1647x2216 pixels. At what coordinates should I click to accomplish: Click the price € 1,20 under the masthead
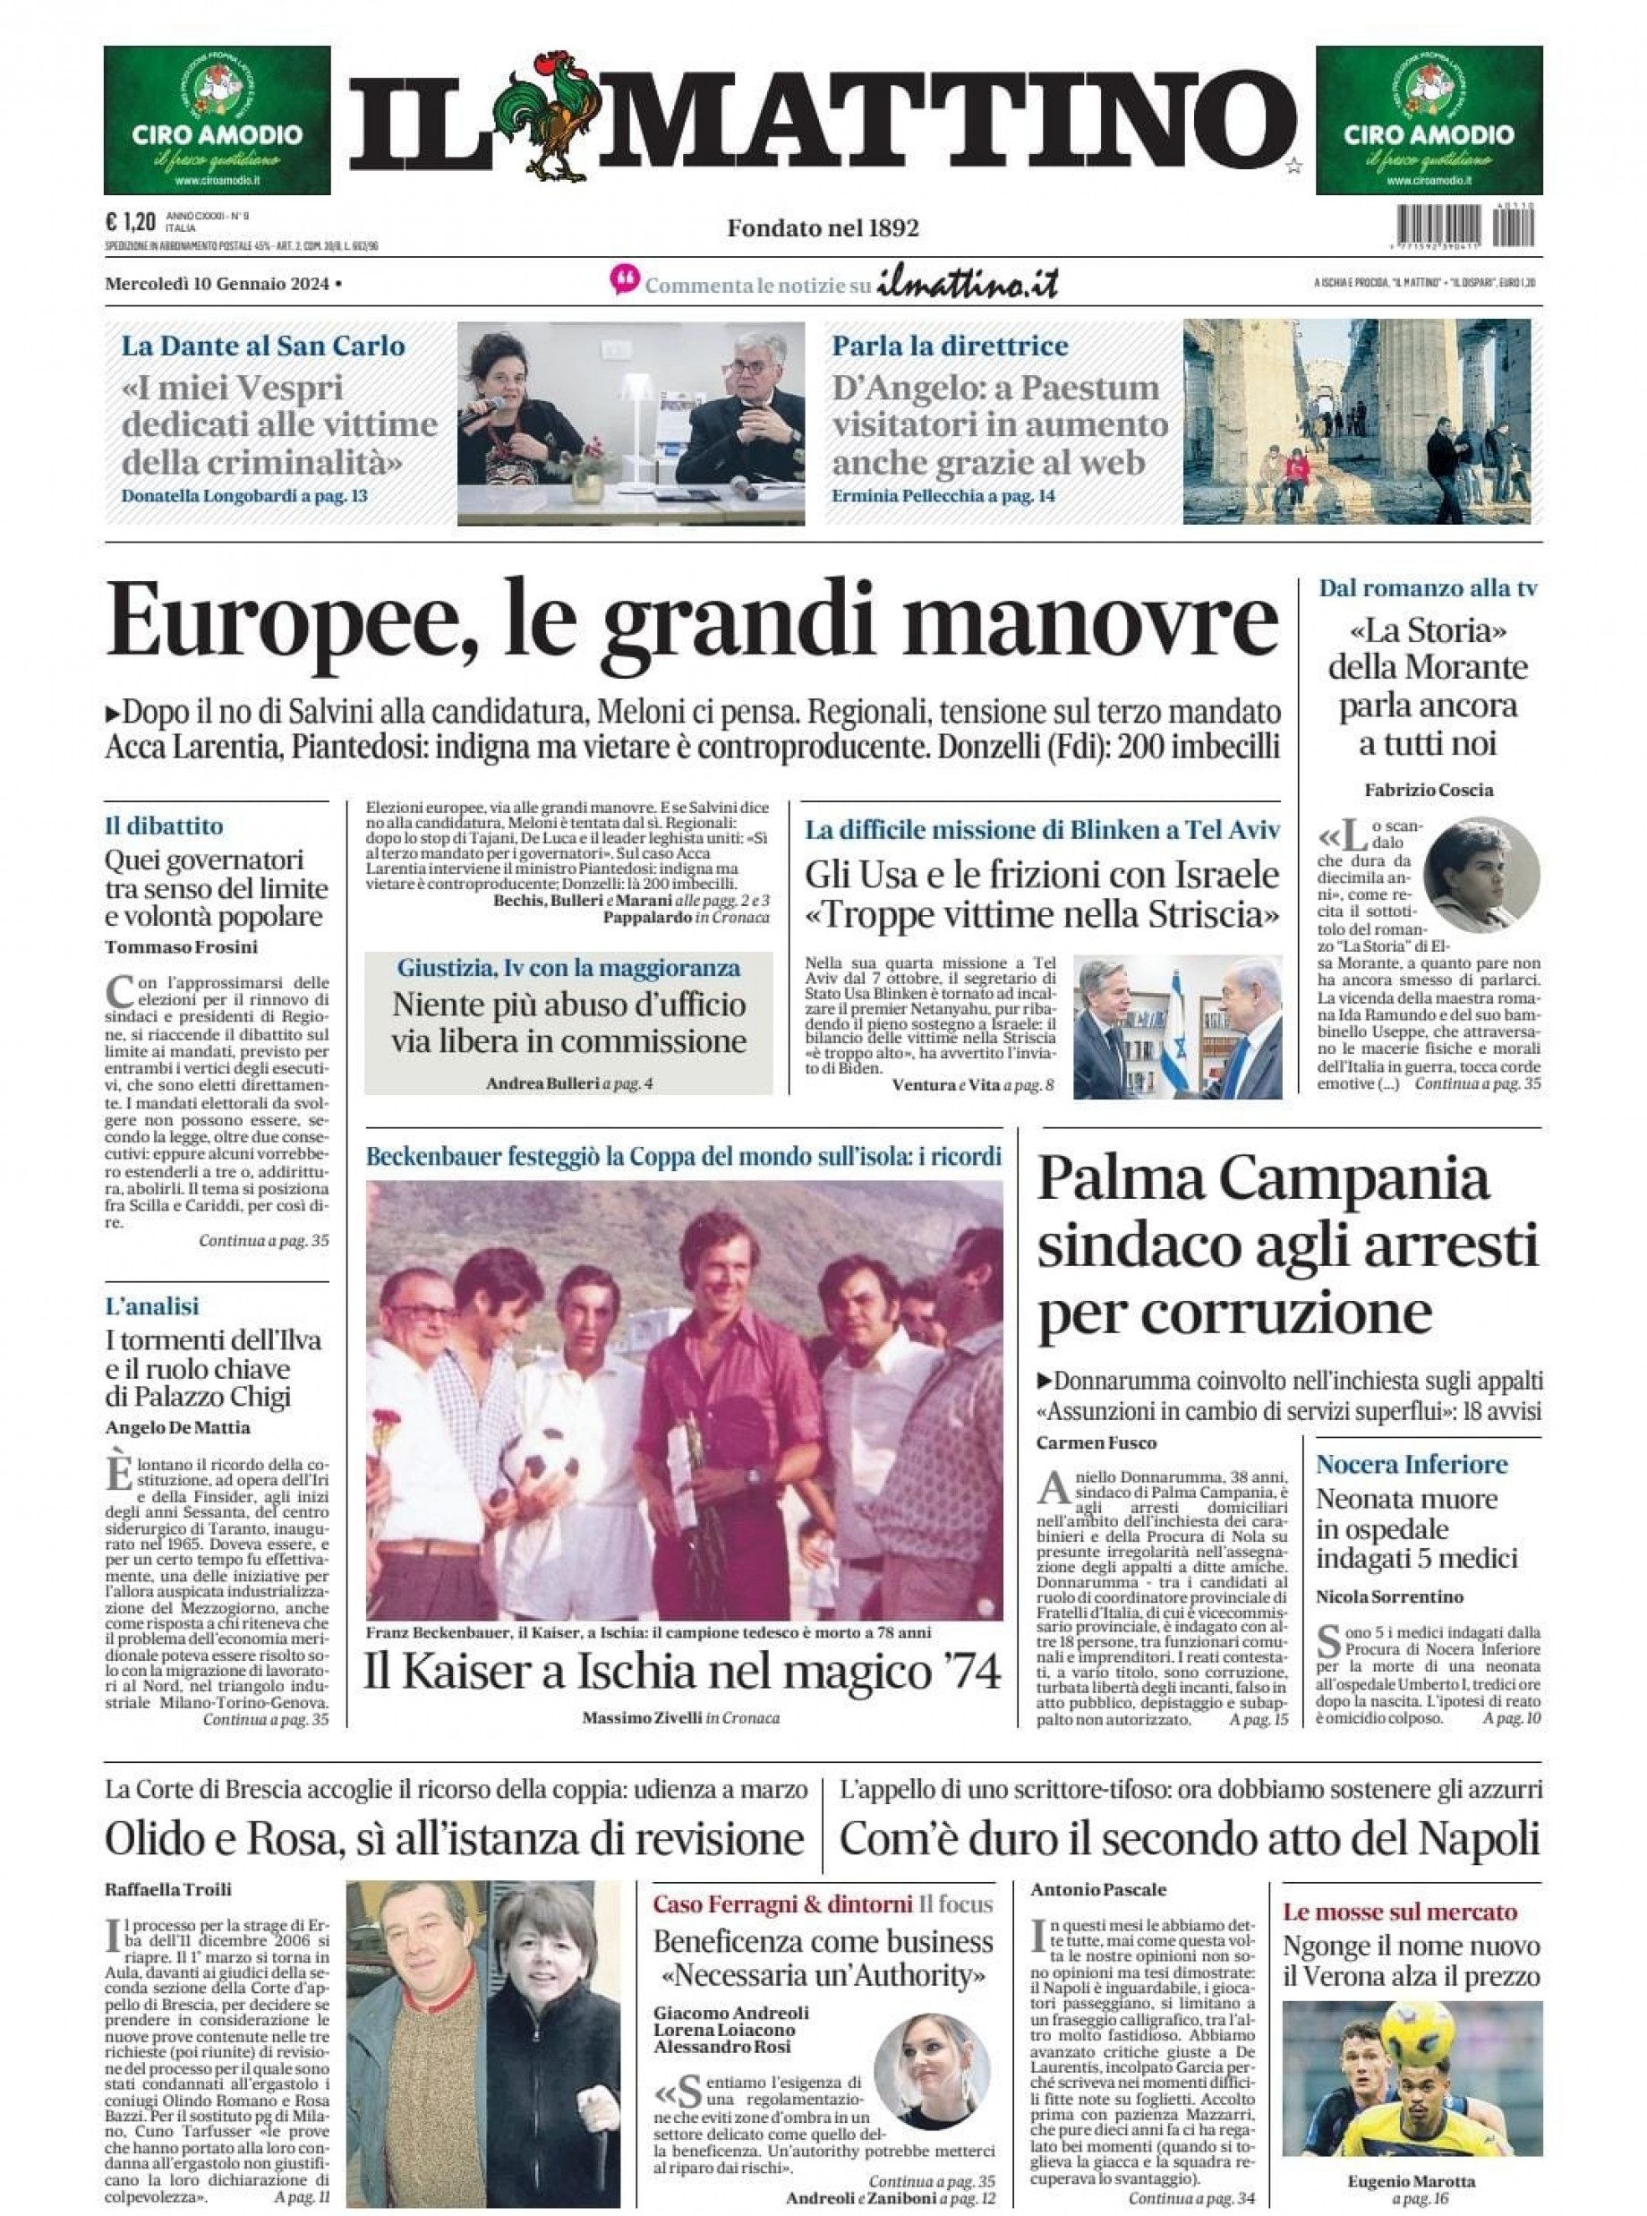click(x=129, y=221)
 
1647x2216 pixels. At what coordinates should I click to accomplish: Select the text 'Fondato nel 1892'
click(x=823, y=228)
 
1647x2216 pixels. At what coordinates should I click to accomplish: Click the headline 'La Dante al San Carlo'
click(x=263, y=347)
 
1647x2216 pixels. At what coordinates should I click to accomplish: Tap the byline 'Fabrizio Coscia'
click(x=1429, y=790)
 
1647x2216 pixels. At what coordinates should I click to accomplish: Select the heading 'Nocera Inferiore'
click(x=1412, y=1464)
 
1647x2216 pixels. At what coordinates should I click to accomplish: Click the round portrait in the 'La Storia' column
click(x=1481, y=876)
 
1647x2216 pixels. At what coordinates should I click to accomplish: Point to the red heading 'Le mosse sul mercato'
click(x=1400, y=1912)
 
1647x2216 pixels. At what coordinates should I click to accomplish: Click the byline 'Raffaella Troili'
click(x=168, y=1889)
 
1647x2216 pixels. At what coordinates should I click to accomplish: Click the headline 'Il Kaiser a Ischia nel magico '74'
click(x=683, y=1672)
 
